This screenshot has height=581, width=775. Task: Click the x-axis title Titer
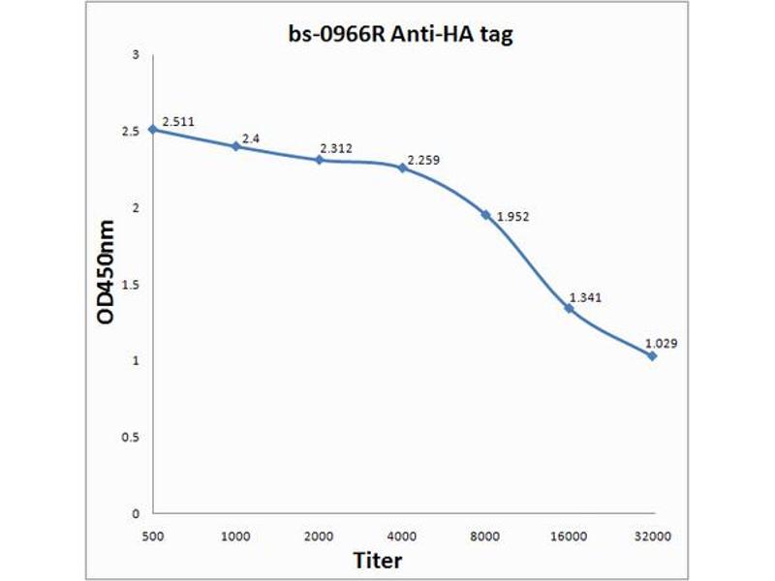coord(377,560)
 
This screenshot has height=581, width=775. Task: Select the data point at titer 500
coord(152,129)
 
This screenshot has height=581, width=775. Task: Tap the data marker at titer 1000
coord(235,146)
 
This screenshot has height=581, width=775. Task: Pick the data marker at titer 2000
coord(319,160)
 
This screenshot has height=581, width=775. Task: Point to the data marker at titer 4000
coord(402,168)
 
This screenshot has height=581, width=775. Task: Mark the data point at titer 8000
coord(485,214)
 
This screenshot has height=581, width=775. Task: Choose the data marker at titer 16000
coord(569,308)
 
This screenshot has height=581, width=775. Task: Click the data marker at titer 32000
coord(652,355)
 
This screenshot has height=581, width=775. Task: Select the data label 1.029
coord(662,343)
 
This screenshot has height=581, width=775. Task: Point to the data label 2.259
coord(423,160)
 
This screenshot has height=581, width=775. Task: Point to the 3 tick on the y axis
coord(137,54)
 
